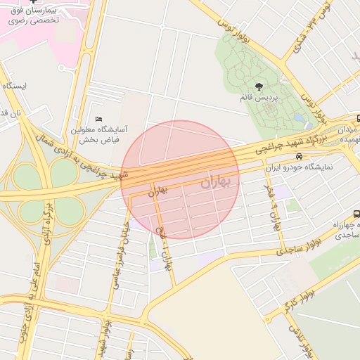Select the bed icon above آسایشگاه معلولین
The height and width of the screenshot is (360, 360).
pos(98,120)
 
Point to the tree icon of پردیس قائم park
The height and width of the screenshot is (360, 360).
pos(260,86)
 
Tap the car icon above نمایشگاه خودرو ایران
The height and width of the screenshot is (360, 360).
pos(300,157)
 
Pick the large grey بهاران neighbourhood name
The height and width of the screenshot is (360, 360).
pos(219,182)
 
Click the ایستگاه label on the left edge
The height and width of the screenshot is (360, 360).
pos(14,86)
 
